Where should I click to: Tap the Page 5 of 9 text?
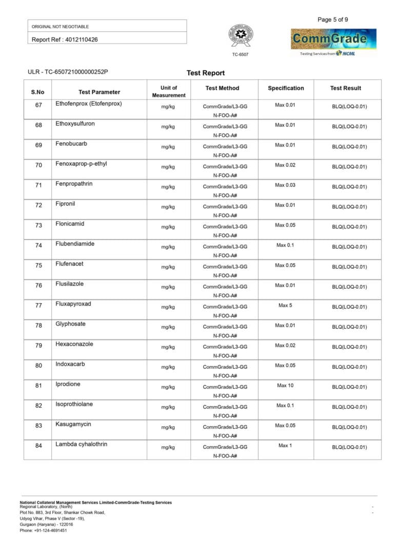pyautogui.click(x=333, y=19)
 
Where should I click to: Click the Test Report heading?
pyautogui.click(x=206, y=73)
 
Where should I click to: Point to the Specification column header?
pyautogui.click(x=286, y=88)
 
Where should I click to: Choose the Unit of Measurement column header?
pyautogui.click(x=168, y=91)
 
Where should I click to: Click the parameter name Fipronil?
pyautogui.click(x=65, y=204)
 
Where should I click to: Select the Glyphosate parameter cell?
pyautogui.click(x=70, y=324)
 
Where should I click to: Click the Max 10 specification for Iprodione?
pyautogui.click(x=285, y=385)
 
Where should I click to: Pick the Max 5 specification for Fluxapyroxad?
pyautogui.click(x=285, y=305)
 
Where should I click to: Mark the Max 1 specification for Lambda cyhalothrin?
pyautogui.click(x=285, y=445)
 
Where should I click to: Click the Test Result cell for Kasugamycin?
pyautogui.click(x=349, y=427)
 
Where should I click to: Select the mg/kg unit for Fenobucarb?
pyautogui.click(x=168, y=147)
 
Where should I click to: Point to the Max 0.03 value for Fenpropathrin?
pyautogui.click(x=285, y=185)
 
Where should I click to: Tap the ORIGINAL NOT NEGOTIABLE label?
pyautogui.click(x=60, y=26)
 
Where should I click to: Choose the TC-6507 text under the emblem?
pyautogui.click(x=240, y=54)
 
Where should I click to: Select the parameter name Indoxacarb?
pyautogui.click(x=70, y=364)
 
